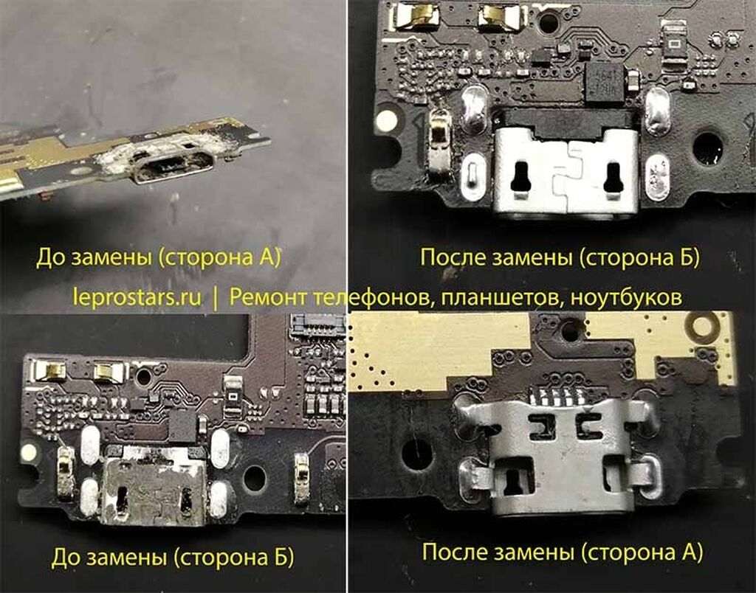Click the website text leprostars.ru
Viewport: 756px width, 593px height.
pyautogui.click(x=138, y=297)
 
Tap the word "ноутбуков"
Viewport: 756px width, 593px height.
pyautogui.click(x=626, y=297)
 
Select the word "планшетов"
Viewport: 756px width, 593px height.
pyautogui.click(x=499, y=298)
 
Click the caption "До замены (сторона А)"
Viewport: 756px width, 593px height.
pyautogui.click(x=158, y=258)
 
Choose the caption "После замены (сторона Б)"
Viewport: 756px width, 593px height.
pyautogui.click(x=560, y=257)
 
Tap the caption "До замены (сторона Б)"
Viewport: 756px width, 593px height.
pyautogui.click(x=172, y=558)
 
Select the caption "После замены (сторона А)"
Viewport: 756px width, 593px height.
pyautogui.click(x=562, y=552)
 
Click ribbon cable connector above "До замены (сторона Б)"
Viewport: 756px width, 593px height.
pyautogui.click(x=317, y=325)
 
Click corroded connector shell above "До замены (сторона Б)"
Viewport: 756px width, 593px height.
pyautogui.click(x=154, y=490)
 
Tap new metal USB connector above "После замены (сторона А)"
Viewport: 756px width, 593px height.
pyautogui.click(x=559, y=462)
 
